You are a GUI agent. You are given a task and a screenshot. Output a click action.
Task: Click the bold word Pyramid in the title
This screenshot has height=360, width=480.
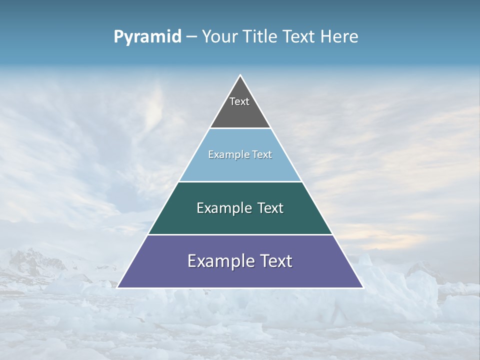[x=147, y=37]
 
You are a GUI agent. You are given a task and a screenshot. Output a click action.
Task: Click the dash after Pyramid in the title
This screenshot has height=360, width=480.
[x=191, y=37]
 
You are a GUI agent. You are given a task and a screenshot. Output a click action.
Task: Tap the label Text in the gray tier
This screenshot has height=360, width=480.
[x=239, y=101]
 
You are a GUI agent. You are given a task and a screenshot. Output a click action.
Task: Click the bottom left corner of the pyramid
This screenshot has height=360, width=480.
[x=117, y=287]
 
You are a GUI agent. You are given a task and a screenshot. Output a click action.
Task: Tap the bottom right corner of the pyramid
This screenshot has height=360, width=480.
[x=363, y=287]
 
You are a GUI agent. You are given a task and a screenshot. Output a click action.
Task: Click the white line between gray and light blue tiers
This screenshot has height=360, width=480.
[x=240, y=128]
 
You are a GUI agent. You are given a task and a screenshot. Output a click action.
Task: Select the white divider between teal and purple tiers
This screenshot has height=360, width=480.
[x=240, y=234]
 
